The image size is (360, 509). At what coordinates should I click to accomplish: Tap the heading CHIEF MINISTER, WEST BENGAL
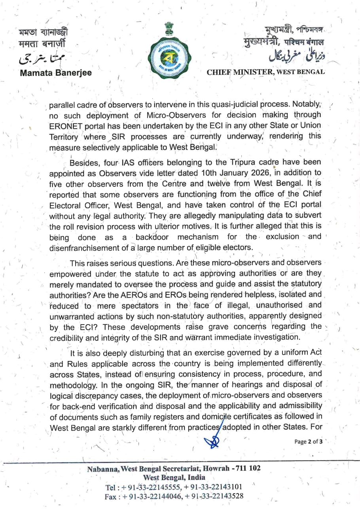266,72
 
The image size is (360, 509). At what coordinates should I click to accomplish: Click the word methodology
73,384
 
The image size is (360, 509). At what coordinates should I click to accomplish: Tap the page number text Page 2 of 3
309,442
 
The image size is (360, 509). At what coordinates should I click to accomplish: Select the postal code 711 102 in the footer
248,469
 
